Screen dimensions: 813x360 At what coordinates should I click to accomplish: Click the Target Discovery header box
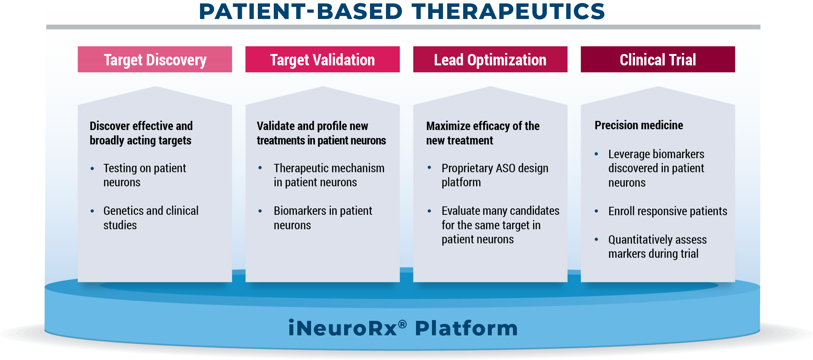[155, 59]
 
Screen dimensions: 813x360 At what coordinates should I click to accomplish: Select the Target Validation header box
[322, 59]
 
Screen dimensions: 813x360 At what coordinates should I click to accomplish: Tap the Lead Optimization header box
[490, 59]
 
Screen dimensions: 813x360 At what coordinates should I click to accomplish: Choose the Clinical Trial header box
[658, 59]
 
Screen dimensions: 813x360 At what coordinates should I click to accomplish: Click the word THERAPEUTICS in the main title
[508, 11]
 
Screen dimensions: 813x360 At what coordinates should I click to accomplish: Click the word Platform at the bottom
[466, 328]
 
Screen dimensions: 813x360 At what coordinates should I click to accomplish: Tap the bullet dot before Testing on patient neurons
[92, 168]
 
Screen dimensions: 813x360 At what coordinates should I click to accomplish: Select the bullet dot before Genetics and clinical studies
[92, 211]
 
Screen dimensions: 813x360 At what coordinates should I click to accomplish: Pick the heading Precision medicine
[639, 125]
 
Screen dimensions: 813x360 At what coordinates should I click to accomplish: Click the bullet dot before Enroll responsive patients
[596, 211]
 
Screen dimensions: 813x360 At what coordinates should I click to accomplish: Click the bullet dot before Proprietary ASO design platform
[429, 168]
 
